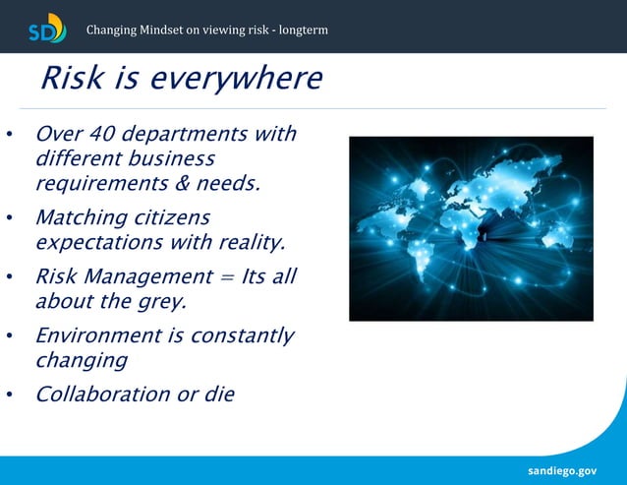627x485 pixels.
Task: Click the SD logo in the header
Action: [47, 28]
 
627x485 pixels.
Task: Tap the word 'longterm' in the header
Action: [302, 30]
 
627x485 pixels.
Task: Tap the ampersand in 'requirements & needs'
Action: [188, 183]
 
